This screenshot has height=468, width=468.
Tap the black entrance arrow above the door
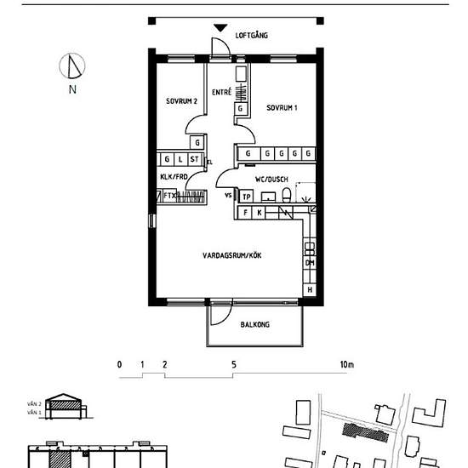pyautogui.click(x=220, y=29)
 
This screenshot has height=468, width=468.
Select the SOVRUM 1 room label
pyautogui.click(x=281, y=108)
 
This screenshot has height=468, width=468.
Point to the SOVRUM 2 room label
pyautogui.click(x=181, y=102)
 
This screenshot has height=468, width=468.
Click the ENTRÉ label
pyautogui.click(x=222, y=92)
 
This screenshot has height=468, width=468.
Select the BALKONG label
pyautogui.click(x=254, y=323)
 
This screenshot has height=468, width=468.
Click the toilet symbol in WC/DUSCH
pyautogui.click(x=287, y=197)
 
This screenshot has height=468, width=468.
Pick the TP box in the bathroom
pyautogui.click(x=246, y=197)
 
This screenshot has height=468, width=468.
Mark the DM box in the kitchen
pyautogui.click(x=310, y=263)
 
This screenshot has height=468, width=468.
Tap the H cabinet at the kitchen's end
pyautogui.click(x=310, y=291)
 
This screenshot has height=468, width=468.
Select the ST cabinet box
pyautogui.click(x=195, y=159)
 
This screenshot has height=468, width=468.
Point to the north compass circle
pyautogui.click(x=73, y=66)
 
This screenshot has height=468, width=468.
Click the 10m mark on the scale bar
pyautogui.click(x=345, y=365)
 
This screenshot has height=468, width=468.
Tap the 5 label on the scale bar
pyautogui.click(x=233, y=365)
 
